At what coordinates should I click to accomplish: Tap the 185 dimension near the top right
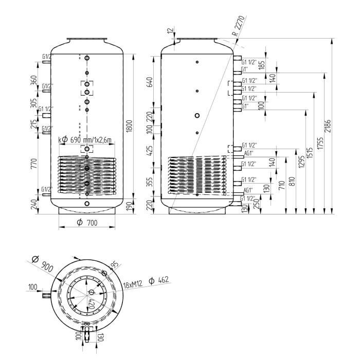click(262, 65)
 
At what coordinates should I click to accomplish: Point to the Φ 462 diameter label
click(159, 280)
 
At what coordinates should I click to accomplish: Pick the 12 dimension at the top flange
click(170, 31)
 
